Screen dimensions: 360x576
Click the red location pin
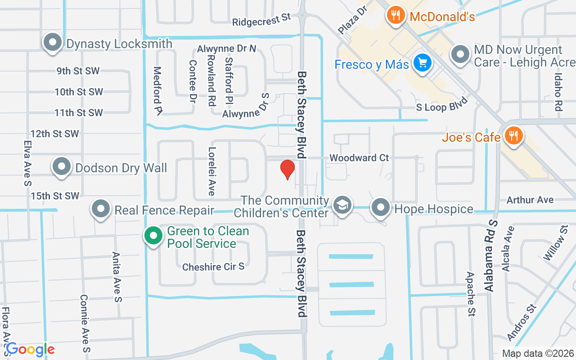(288, 169)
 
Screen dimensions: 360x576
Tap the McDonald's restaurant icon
(395, 16)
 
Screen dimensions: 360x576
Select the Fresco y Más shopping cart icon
(422, 63)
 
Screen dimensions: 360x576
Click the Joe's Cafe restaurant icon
(513, 135)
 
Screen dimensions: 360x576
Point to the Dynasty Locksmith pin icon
(53, 43)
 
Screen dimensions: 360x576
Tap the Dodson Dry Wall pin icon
(62, 167)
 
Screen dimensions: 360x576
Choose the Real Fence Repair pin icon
(101, 209)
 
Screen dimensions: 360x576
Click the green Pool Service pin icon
(153, 235)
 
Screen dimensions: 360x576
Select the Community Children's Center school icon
(342, 206)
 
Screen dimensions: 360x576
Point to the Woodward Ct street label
(359, 158)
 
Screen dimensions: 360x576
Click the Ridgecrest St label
(261, 19)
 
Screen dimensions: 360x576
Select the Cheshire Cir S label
(213, 267)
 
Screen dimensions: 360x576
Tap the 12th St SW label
(55, 134)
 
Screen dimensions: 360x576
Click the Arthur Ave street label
(530, 199)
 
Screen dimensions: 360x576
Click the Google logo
(30, 349)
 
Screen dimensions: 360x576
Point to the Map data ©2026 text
(538, 353)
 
